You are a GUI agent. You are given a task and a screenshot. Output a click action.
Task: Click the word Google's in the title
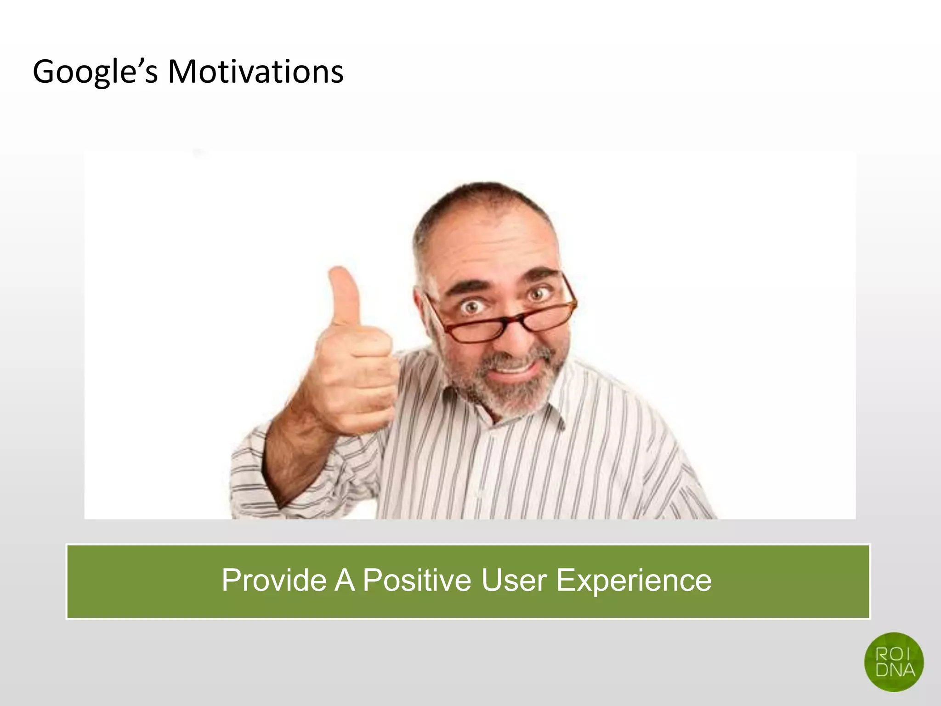pos(95,73)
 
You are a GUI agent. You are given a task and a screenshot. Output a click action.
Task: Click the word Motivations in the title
pos(255,73)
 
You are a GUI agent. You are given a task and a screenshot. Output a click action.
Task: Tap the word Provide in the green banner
pos(274,580)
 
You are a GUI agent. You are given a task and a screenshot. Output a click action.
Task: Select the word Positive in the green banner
pos(417,580)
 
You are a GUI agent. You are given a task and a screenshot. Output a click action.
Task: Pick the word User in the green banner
pos(514,580)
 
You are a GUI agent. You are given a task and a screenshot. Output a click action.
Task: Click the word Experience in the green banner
pos(634,580)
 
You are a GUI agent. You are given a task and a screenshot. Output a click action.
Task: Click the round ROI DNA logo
pos(894,662)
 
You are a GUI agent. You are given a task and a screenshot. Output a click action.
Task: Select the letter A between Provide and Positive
pos(345,580)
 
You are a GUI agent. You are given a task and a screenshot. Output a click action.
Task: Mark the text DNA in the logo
pos(895,670)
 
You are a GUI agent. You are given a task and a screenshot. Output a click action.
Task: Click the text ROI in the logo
pos(893,654)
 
